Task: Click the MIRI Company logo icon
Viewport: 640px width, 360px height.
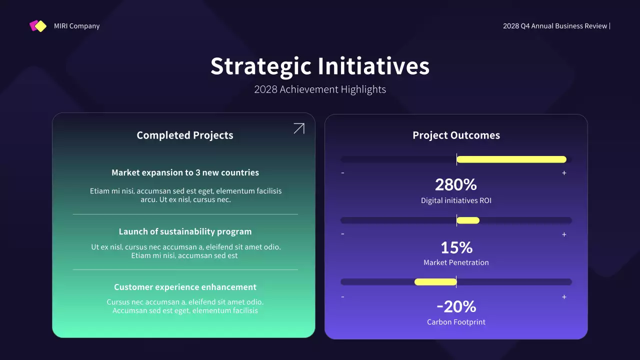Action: click(x=38, y=26)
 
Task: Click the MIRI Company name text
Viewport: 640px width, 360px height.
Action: click(x=76, y=26)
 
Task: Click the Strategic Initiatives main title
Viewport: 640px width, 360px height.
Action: click(x=319, y=66)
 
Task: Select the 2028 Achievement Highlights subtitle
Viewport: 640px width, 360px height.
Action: click(x=319, y=89)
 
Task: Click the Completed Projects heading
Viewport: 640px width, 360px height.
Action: click(x=184, y=135)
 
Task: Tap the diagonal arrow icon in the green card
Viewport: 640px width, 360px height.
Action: click(x=298, y=128)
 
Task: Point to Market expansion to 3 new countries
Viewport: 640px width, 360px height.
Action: click(x=185, y=172)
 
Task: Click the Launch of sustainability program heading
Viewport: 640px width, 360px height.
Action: click(x=185, y=231)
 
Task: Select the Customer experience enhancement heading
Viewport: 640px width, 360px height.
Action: click(x=185, y=287)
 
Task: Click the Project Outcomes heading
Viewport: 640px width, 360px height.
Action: click(x=456, y=135)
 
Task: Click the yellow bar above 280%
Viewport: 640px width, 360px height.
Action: click(x=511, y=159)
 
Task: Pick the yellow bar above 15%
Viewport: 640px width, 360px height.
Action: click(x=468, y=220)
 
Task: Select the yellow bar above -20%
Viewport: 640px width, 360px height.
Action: click(x=435, y=282)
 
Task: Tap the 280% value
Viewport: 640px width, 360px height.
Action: click(x=456, y=185)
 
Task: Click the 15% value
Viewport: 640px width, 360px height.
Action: click(x=456, y=247)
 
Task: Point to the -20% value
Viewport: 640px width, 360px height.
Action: click(x=456, y=306)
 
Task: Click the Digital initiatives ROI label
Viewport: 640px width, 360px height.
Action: click(x=456, y=201)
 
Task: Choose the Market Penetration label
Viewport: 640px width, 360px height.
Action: click(x=456, y=262)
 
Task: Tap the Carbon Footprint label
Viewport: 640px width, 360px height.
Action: click(x=456, y=322)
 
